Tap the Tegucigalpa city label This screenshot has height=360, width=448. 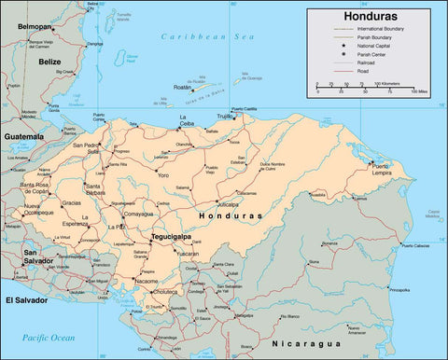173,237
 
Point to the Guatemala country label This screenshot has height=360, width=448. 24,136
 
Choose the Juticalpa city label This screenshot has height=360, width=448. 228,201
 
